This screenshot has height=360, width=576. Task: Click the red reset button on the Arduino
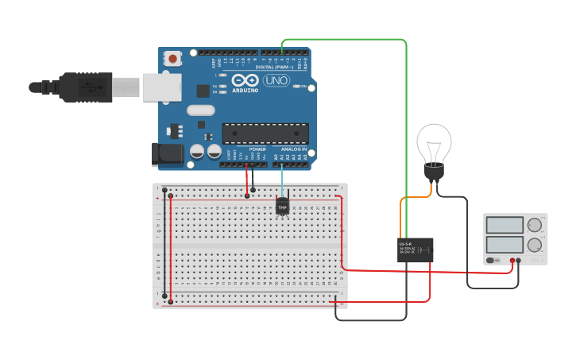(x=172, y=58)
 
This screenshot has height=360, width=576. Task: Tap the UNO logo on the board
(x=276, y=80)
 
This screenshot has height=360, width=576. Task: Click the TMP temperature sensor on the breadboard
(x=282, y=207)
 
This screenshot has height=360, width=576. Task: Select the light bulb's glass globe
(x=434, y=143)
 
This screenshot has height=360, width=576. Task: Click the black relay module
(x=415, y=250)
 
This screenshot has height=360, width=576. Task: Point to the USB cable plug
(x=87, y=87)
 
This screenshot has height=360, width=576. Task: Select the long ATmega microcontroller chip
(x=265, y=134)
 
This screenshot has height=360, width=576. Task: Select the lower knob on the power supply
(x=535, y=245)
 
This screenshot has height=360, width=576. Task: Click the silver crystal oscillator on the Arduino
(x=200, y=110)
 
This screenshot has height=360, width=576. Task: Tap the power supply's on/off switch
(x=493, y=260)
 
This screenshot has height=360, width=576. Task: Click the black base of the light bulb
(x=434, y=172)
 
